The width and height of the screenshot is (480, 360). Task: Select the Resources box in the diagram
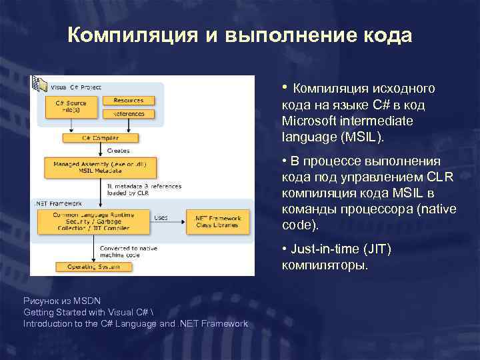[128, 101]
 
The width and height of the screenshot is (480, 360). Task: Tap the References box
[128, 114]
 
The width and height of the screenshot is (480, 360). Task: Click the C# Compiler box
[100, 138]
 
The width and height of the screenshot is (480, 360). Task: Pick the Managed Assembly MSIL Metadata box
[100, 167]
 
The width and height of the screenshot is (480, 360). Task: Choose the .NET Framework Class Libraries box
[217, 222]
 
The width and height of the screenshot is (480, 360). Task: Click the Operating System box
[93, 267]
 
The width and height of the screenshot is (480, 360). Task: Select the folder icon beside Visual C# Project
[42, 86]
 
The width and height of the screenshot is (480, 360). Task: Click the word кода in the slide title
[383, 35]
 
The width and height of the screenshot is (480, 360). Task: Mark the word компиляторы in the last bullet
[324, 265]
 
